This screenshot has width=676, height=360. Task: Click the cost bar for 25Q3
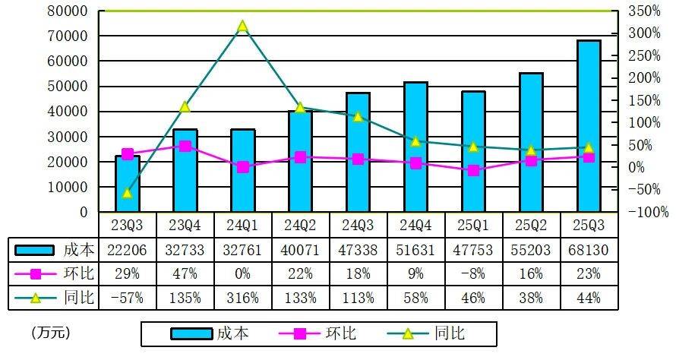tap(588, 126)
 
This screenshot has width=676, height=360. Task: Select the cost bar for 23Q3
tap(128, 184)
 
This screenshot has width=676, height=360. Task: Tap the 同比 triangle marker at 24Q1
tap(242, 27)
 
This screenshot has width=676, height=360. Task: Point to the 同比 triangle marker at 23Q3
tap(128, 193)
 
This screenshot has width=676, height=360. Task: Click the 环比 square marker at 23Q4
tap(185, 146)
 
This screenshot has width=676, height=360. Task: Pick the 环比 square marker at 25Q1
tap(473, 170)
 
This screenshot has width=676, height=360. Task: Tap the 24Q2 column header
tap(300, 225)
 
